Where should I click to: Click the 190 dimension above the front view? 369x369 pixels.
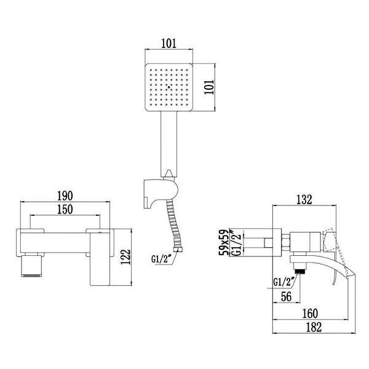pos(65,196)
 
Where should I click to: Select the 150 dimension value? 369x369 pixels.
pos(65,210)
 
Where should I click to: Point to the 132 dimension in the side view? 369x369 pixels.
pos(304,199)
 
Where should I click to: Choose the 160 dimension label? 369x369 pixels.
pos(311,313)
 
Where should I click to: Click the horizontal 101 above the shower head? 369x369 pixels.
pos(169,44)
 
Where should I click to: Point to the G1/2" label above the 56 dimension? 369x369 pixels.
pos(284,282)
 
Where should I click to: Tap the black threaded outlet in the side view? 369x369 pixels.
pos(299,269)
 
